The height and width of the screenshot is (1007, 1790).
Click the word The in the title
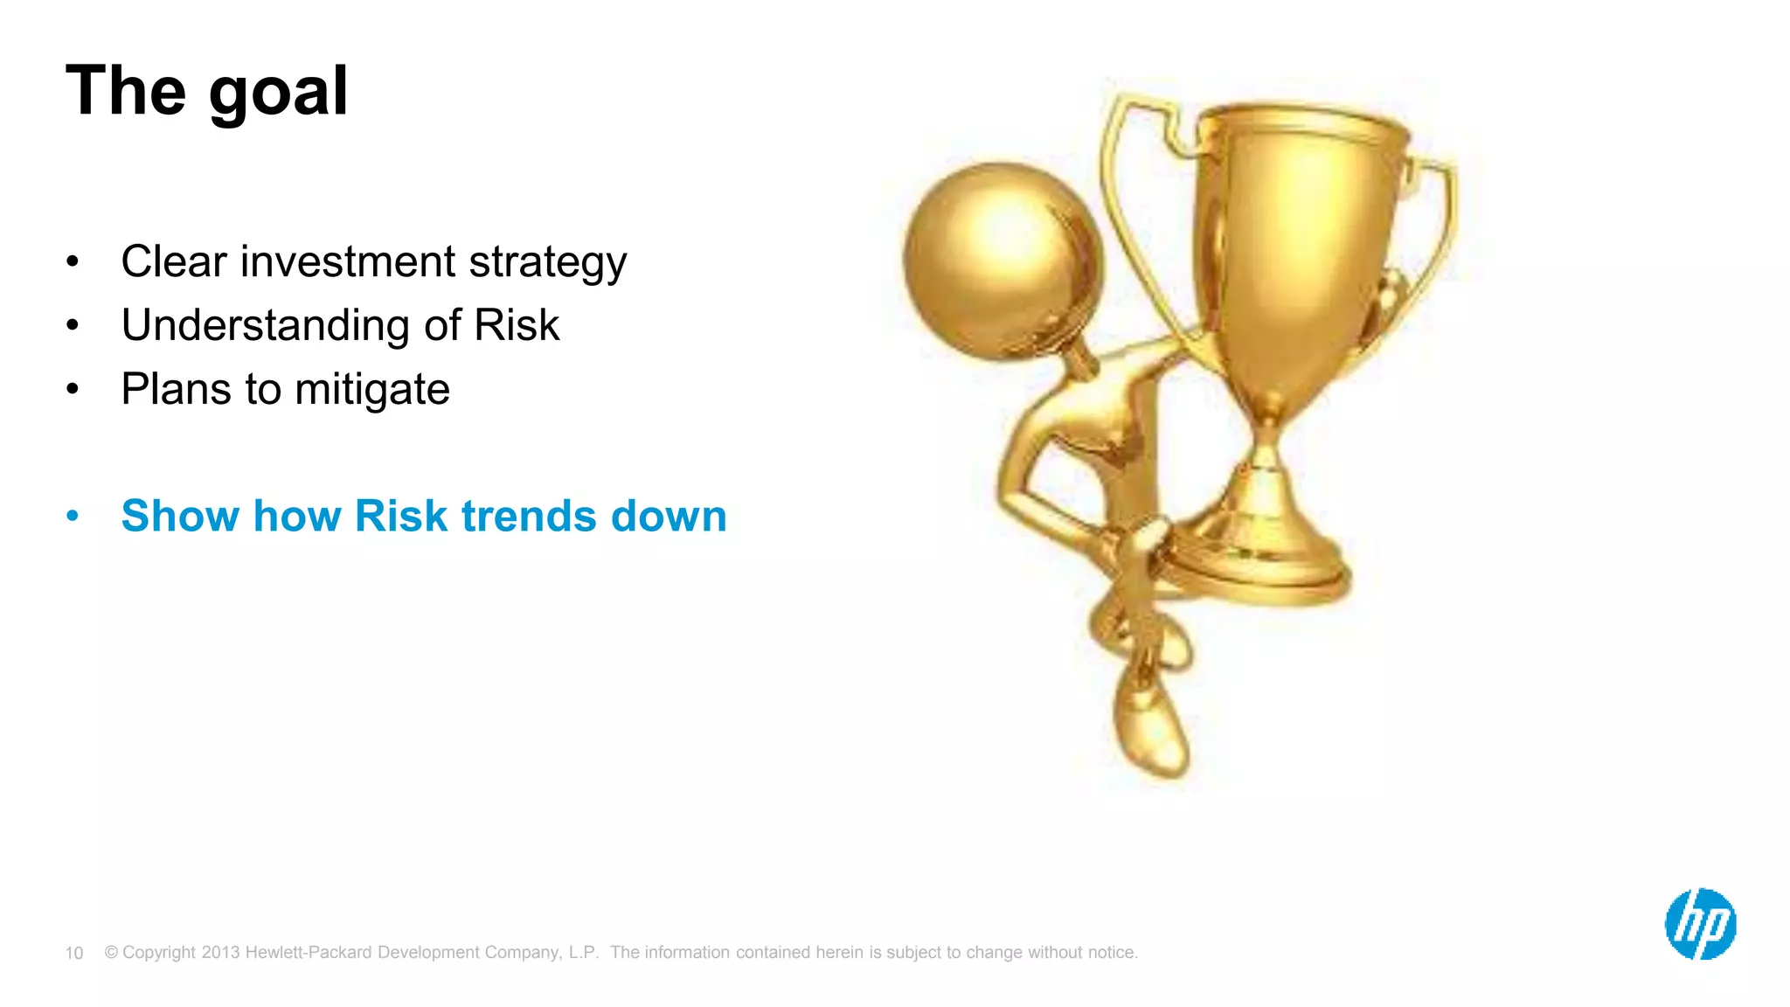click(126, 91)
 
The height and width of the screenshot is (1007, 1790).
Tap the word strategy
click(547, 263)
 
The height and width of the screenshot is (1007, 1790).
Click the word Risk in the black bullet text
click(516, 325)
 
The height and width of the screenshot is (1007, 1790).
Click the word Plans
click(176, 389)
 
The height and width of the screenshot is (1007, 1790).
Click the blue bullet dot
click(73, 516)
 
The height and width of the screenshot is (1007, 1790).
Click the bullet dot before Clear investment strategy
click(73, 261)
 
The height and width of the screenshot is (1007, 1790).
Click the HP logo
click(1700, 924)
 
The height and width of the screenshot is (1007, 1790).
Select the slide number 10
click(74, 953)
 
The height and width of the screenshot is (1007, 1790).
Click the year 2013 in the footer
click(220, 952)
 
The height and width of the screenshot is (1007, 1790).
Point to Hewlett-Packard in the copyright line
click(309, 952)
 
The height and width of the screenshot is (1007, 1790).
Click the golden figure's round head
click(1002, 259)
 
